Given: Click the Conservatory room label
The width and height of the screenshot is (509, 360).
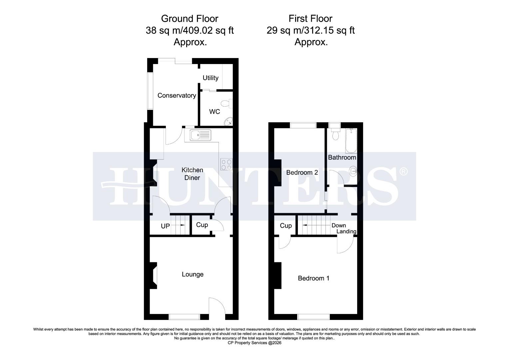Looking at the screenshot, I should point(177,96).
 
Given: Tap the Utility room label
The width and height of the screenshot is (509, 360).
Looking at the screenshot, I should point(211,78).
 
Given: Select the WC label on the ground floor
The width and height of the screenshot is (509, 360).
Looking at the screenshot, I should point(215,112).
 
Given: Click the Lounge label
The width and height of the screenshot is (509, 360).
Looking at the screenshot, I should point(193,274).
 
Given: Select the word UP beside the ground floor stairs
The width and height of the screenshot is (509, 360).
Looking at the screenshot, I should point(165,226).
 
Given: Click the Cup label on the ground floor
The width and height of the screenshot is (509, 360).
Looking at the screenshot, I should point(202,225).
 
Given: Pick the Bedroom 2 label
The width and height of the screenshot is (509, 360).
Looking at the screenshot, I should point(302,173).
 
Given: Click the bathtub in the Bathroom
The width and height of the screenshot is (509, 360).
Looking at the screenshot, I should point(351,141).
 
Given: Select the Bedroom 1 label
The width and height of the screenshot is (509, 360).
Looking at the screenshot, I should point(313,278).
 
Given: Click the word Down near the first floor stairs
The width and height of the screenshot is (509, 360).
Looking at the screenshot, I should point(338,226).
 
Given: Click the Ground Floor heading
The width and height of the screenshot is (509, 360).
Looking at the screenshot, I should point(190,18).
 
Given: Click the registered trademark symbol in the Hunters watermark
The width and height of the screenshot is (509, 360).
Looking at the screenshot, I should point(403,172).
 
